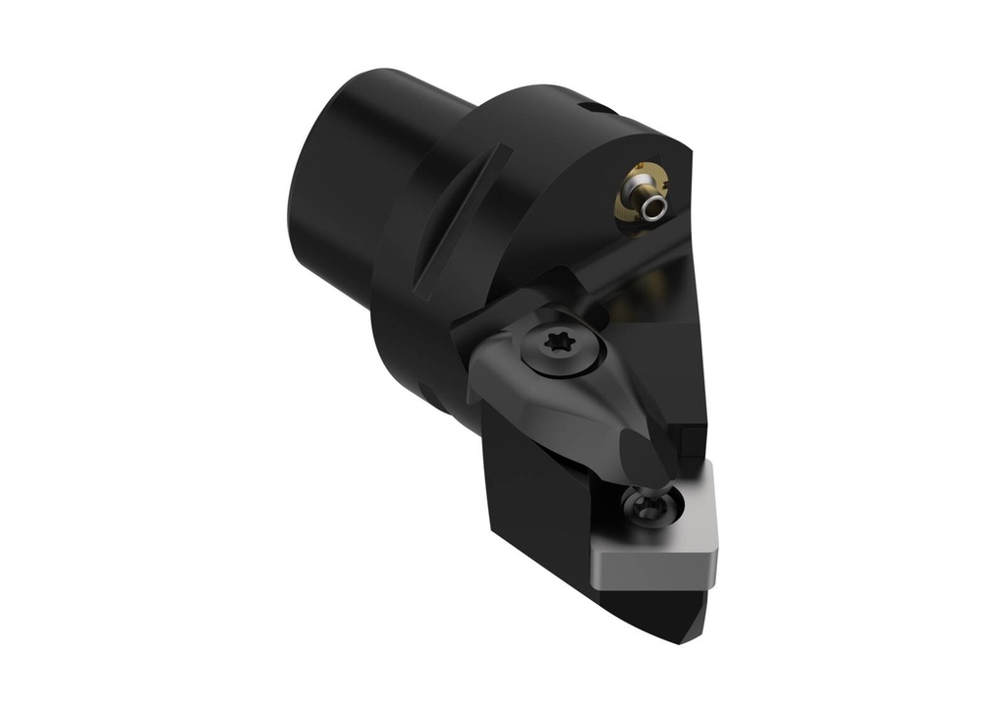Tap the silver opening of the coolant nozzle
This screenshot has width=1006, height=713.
tap(652, 207)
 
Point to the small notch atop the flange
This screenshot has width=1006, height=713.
tap(587, 105)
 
